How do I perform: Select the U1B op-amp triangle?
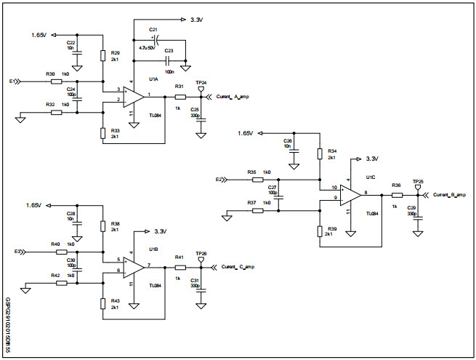(133, 267)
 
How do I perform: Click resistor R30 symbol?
(57, 81)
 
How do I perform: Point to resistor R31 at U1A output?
(180, 96)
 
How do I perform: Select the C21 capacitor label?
(153, 29)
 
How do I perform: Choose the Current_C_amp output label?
(238, 267)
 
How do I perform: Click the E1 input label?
(12, 81)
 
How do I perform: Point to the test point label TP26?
(201, 253)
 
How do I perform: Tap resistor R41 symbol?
(180, 267)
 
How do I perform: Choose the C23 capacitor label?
(169, 49)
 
